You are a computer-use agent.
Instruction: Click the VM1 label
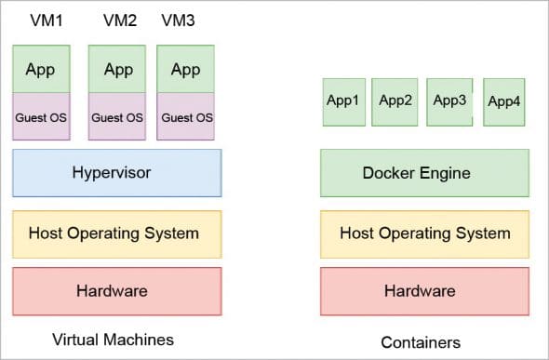click(x=39, y=19)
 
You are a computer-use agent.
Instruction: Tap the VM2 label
click(x=118, y=19)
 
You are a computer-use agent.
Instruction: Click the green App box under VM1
click(x=41, y=69)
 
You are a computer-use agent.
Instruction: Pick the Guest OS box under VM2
click(x=117, y=117)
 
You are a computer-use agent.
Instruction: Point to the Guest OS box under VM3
click(x=186, y=117)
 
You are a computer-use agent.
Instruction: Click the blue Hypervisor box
click(x=117, y=172)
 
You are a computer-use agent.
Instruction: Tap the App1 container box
click(x=342, y=100)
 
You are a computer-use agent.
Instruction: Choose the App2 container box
click(x=395, y=100)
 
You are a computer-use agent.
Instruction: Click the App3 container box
click(x=449, y=100)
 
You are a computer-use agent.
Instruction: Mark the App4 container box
click(x=503, y=101)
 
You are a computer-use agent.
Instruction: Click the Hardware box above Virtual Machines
click(x=117, y=291)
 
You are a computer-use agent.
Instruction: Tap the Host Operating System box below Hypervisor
click(x=117, y=233)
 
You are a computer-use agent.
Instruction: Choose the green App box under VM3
click(x=186, y=69)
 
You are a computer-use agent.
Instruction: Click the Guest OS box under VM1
click(x=41, y=117)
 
